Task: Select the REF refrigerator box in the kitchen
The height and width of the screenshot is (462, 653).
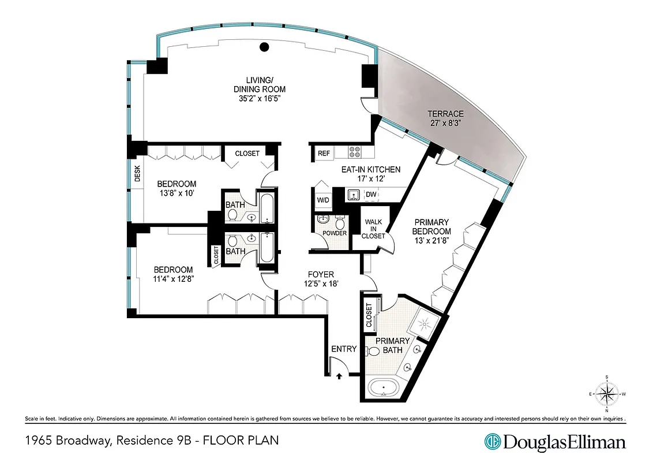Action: (x=324, y=153)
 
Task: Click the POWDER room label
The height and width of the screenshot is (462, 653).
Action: (x=335, y=233)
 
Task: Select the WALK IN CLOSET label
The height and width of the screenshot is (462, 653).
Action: (x=373, y=228)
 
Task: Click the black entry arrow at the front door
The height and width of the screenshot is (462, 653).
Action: (x=339, y=375)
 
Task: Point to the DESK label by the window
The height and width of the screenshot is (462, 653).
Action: (x=137, y=175)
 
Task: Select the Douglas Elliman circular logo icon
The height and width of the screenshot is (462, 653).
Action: (x=492, y=442)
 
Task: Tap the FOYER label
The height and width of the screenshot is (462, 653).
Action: (x=321, y=274)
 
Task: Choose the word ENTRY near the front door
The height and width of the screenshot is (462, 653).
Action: (x=344, y=349)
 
